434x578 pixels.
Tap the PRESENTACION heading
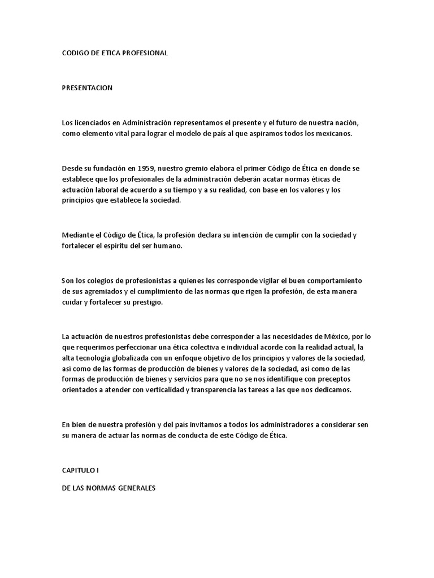(x=87, y=88)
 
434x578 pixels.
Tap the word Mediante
(x=79, y=235)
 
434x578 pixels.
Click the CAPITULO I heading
(x=80, y=470)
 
